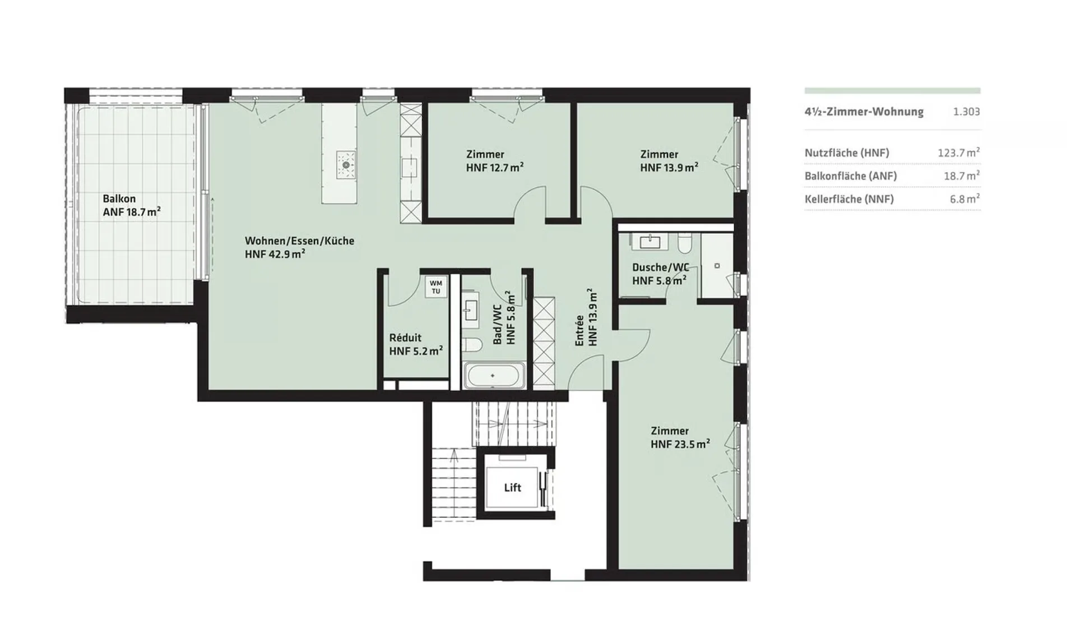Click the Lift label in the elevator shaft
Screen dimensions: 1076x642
click(x=512, y=488)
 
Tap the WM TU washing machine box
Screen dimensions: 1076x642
click(x=436, y=287)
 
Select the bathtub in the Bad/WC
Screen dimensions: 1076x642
click(x=493, y=375)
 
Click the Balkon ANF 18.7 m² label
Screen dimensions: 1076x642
click(x=132, y=205)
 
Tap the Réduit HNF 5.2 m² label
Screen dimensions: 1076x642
click(x=416, y=344)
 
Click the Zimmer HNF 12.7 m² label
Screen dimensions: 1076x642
click(x=495, y=161)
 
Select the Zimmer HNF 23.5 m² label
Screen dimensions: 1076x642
click(x=680, y=437)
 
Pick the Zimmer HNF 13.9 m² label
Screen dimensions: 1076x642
click(x=669, y=161)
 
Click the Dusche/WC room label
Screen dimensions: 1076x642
click(x=660, y=274)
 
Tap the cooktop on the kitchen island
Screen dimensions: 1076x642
click(x=346, y=165)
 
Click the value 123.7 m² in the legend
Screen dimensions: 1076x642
click(x=959, y=153)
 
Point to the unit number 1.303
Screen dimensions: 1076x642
click(x=967, y=112)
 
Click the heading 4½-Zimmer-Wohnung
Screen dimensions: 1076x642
click(x=864, y=112)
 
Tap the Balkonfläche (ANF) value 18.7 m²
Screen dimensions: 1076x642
click(x=962, y=176)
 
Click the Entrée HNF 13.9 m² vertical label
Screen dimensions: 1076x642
click(x=586, y=317)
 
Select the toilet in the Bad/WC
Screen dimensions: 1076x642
click(x=472, y=345)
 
